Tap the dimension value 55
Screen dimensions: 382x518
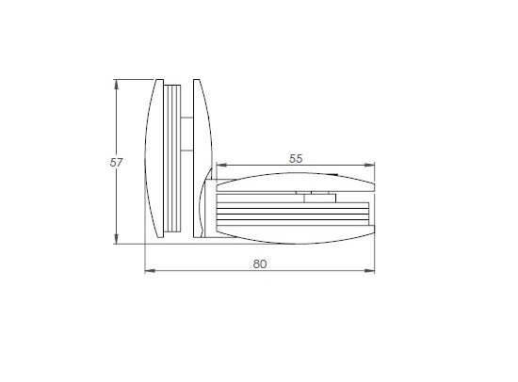(x=295, y=159)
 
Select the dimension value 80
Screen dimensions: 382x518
(x=260, y=263)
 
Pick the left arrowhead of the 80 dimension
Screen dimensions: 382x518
(x=149, y=272)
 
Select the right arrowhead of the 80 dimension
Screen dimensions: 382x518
(x=370, y=272)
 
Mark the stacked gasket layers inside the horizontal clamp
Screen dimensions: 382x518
(x=283, y=214)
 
